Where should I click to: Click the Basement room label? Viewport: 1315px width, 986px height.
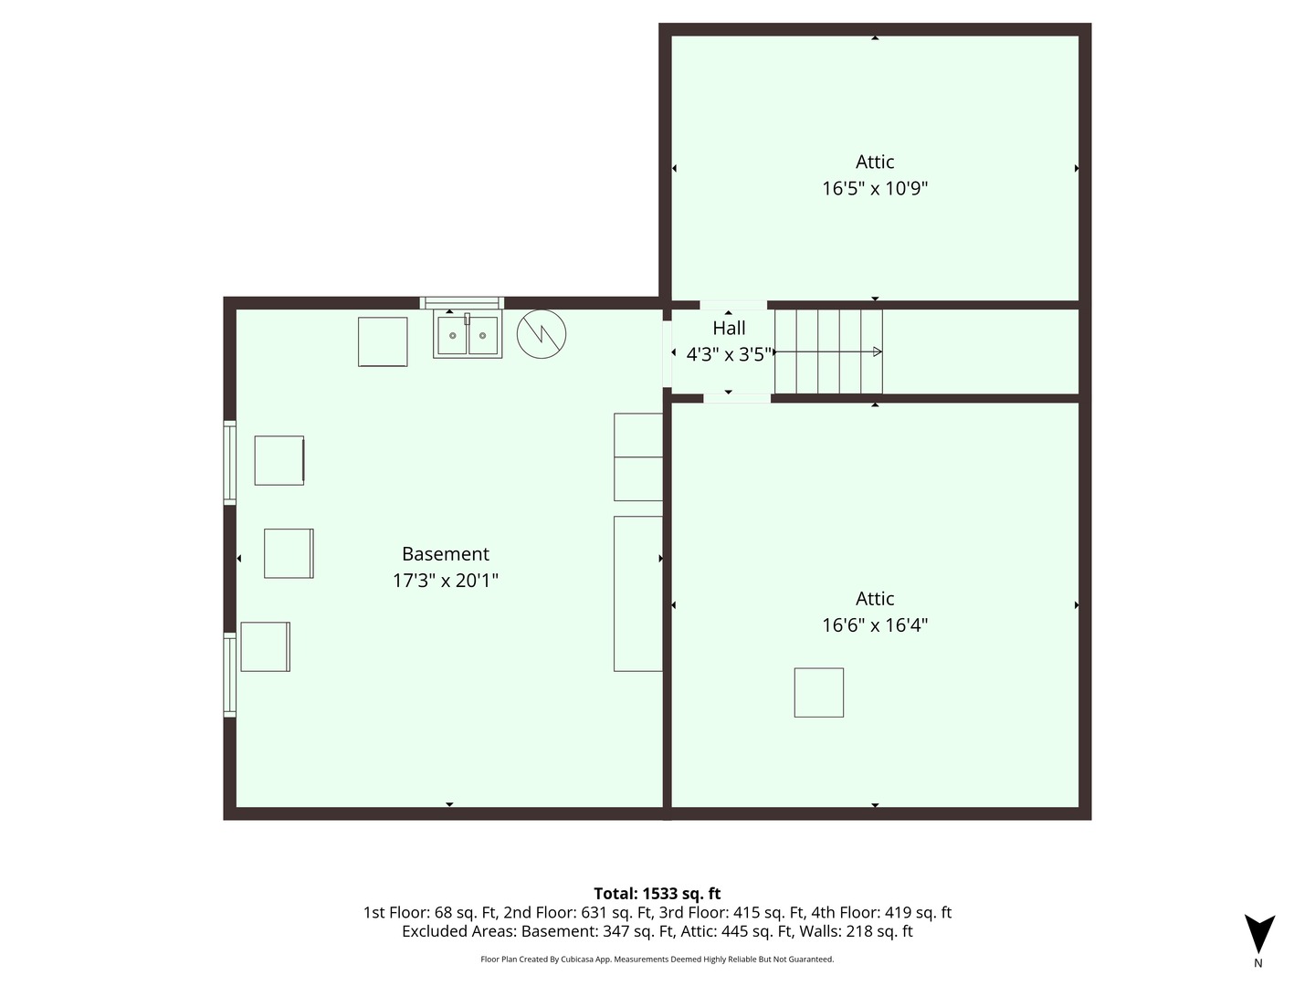[x=445, y=554]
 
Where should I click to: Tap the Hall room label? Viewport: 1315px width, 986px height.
[x=729, y=328]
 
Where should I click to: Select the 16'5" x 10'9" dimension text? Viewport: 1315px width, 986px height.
[x=875, y=189]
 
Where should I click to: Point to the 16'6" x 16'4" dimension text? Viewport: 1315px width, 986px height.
[x=875, y=625]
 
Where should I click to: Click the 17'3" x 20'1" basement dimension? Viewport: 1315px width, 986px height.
[x=445, y=581]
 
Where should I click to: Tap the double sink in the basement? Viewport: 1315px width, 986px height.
[x=468, y=336]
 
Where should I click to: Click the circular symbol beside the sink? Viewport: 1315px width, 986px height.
[x=541, y=334]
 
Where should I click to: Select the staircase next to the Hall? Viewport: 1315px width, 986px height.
[x=828, y=351]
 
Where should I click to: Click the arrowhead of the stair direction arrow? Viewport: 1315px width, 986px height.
[x=878, y=352]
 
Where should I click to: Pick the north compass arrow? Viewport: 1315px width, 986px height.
[x=1259, y=933]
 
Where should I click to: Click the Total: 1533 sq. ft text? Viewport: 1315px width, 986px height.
[x=657, y=894]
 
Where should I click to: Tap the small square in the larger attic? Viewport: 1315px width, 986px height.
[x=819, y=693]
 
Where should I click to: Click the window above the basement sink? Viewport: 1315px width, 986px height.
[x=461, y=303]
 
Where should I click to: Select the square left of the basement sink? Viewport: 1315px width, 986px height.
[x=383, y=341]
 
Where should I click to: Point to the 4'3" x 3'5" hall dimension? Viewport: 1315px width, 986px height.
[x=729, y=355]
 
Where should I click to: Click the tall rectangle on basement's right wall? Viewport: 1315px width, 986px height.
[x=638, y=593]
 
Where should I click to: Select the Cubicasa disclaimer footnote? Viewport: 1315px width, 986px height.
[x=657, y=959]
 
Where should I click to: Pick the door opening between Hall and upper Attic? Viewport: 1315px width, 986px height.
[x=733, y=305]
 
